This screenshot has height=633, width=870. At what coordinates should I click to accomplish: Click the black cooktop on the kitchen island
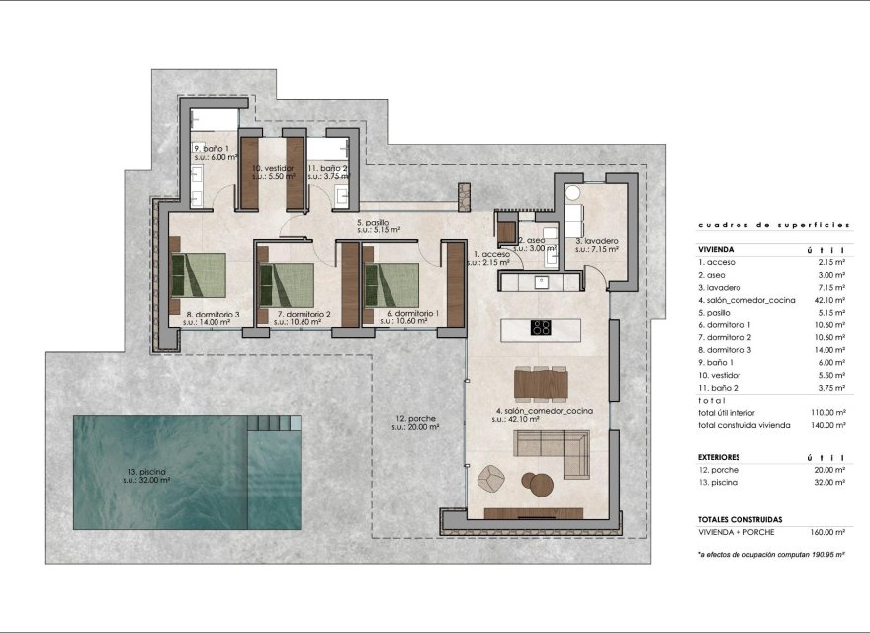pos(542,328)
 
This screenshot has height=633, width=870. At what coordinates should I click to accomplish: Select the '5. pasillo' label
pos(378,224)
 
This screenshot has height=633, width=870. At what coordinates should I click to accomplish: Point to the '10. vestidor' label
pos(270,169)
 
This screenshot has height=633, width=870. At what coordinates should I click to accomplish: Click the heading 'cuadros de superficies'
pos(773,225)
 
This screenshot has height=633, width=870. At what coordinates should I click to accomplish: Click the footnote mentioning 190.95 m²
pos(771,555)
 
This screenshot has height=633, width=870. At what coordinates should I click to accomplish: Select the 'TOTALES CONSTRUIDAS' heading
pos(739,519)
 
